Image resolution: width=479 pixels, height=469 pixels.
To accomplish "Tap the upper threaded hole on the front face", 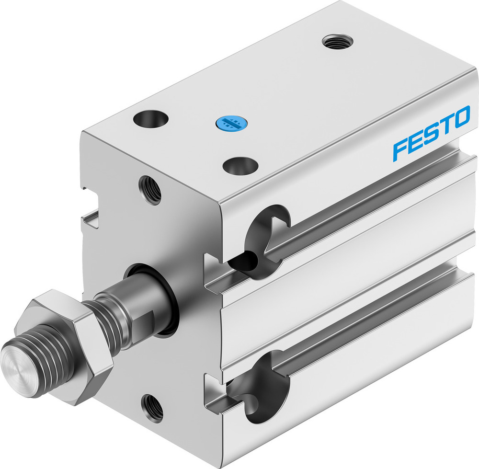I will point(150,189).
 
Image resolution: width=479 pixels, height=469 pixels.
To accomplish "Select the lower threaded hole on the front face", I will point(152,407).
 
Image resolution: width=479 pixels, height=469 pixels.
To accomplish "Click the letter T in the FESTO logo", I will point(445,126).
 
